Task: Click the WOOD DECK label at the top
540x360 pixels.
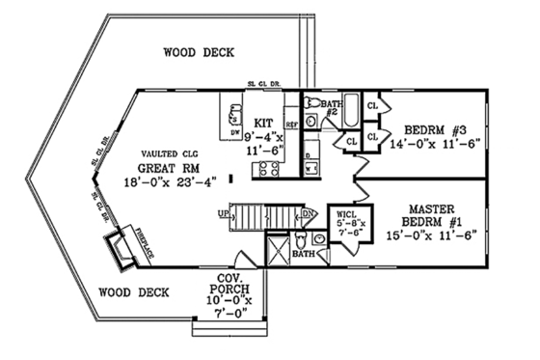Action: (x=199, y=52)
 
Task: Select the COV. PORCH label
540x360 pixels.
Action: (x=228, y=286)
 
